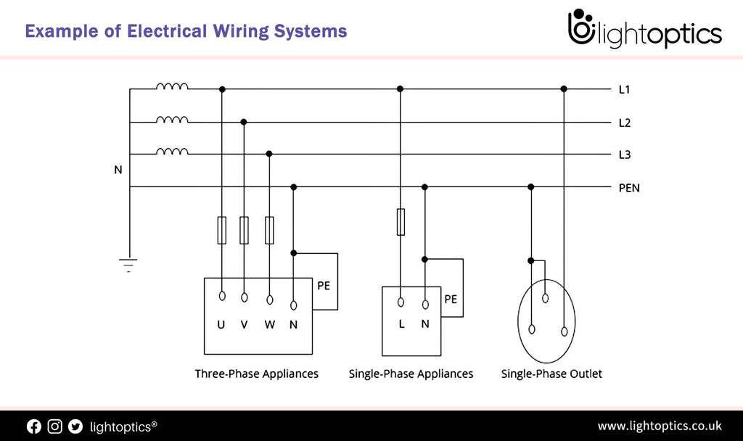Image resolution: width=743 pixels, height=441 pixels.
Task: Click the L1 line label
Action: pyautogui.click(x=624, y=90)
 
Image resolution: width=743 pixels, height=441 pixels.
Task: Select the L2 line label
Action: pyautogui.click(x=624, y=123)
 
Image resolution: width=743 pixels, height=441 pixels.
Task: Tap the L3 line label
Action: pyautogui.click(x=624, y=154)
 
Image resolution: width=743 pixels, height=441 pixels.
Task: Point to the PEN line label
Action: pyautogui.click(x=628, y=188)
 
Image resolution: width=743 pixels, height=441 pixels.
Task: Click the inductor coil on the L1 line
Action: pyautogui.click(x=172, y=86)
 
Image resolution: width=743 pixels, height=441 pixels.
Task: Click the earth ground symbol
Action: pyautogui.click(x=128, y=264)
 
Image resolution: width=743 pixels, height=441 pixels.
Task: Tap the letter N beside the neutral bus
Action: pyautogui.click(x=118, y=170)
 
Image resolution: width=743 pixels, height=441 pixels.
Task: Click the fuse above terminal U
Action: pyautogui.click(x=222, y=230)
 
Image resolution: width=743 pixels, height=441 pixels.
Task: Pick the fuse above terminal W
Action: pyautogui.click(x=269, y=230)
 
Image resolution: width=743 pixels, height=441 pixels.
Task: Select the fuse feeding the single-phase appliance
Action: pyautogui.click(x=400, y=222)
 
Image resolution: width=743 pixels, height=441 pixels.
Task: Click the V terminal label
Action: pyautogui.click(x=245, y=324)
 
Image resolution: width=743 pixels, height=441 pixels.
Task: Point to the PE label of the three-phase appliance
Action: pyautogui.click(x=324, y=286)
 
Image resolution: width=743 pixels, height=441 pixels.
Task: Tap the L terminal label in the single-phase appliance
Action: pyautogui.click(x=401, y=324)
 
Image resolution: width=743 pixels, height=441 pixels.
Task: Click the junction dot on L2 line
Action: pyautogui.click(x=244, y=122)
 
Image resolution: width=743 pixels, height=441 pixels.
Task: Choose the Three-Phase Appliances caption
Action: pyautogui.click(x=256, y=374)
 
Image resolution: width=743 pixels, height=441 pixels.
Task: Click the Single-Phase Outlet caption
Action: pyautogui.click(x=551, y=374)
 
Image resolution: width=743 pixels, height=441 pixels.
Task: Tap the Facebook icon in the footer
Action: pyautogui.click(x=34, y=426)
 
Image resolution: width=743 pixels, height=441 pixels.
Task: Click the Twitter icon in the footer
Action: pyautogui.click(x=75, y=426)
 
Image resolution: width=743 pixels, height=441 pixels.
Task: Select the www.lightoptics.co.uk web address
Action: pyautogui.click(x=659, y=426)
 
